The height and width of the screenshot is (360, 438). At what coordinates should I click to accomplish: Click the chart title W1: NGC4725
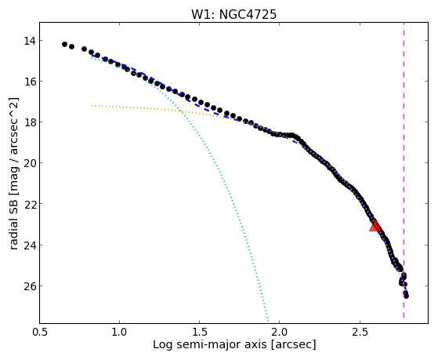(x=233, y=15)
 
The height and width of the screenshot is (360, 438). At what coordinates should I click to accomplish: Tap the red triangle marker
(x=375, y=225)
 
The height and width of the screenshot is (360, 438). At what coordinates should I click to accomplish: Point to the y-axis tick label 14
(x=30, y=41)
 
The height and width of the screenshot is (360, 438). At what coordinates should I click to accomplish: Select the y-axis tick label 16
(x=30, y=82)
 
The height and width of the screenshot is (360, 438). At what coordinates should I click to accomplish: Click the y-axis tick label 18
(x=30, y=122)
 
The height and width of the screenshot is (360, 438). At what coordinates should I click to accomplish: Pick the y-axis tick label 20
(x=30, y=163)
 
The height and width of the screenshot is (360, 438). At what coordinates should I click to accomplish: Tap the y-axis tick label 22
(x=30, y=204)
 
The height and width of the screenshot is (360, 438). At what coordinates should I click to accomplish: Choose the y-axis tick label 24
(x=30, y=245)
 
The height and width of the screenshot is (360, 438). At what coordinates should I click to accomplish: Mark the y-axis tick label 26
(x=30, y=285)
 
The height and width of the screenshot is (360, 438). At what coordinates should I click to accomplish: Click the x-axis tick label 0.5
(x=40, y=332)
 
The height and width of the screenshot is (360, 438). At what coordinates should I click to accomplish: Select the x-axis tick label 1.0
(x=120, y=332)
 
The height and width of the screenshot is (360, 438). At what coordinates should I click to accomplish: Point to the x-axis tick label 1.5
(x=200, y=332)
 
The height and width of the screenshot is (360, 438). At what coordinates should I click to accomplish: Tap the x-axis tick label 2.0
(x=280, y=332)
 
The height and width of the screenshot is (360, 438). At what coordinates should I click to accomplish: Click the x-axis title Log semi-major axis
(x=210, y=345)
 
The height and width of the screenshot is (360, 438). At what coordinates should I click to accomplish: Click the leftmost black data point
(x=64, y=44)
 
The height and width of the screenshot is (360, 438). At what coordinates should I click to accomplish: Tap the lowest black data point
(x=406, y=296)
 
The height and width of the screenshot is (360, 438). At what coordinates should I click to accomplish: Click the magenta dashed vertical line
(x=404, y=170)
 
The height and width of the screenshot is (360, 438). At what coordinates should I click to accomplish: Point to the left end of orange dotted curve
(x=92, y=106)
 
